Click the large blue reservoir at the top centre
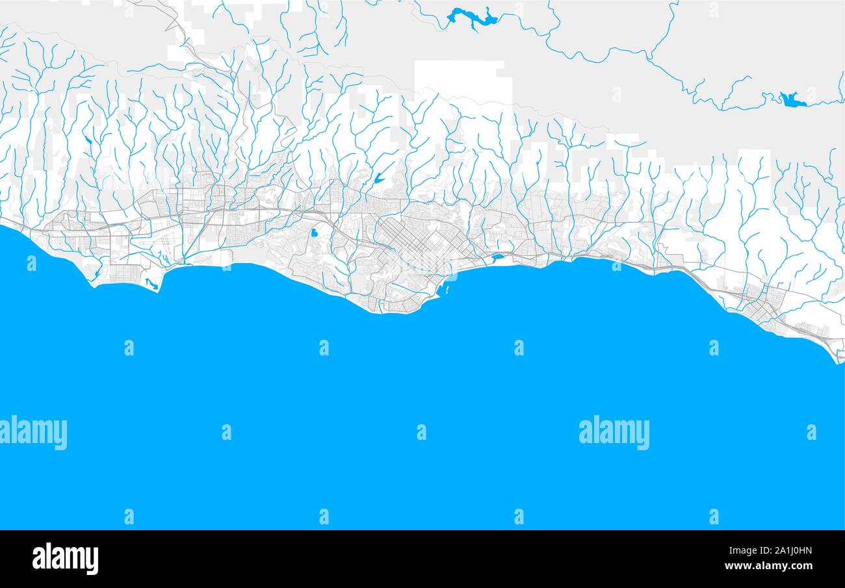[473, 18]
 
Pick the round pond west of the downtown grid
[315, 232]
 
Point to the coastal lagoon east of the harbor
[498, 257]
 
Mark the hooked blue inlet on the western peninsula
[151, 283]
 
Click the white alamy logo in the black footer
[65, 558]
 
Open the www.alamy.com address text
[774, 566]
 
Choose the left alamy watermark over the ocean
[32, 432]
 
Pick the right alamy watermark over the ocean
[614, 432]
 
